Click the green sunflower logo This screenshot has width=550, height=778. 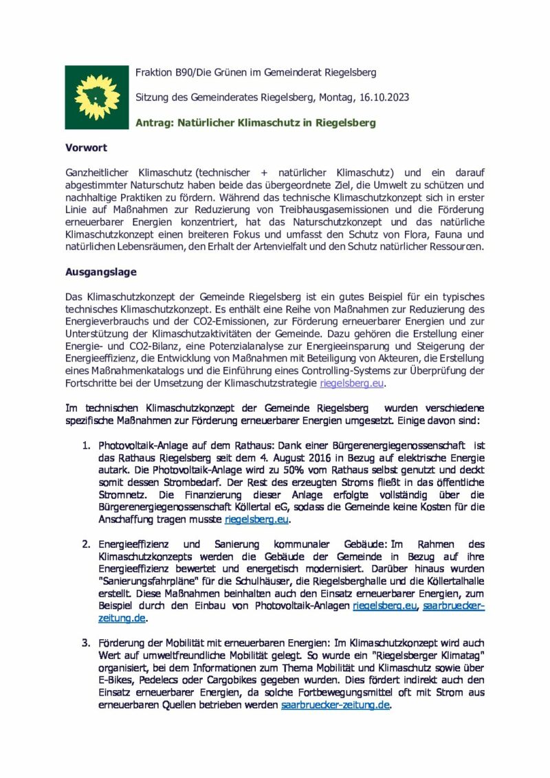coord(97,97)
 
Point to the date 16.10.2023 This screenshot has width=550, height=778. coord(384,98)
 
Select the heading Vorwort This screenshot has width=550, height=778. coord(86,148)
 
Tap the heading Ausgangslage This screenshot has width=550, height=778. coord(101,271)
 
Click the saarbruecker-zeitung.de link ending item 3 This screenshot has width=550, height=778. coord(335,705)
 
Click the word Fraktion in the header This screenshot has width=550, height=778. coord(154,72)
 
